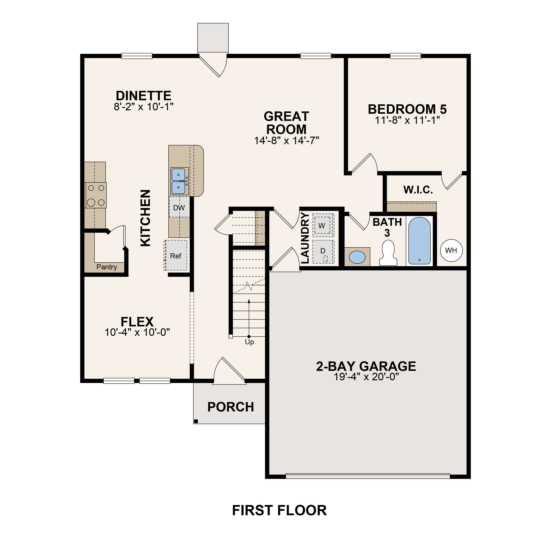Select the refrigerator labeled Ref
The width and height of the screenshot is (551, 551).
pyautogui.click(x=176, y=256)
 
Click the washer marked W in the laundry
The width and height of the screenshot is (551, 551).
pyautogui.click(x=323, y=225)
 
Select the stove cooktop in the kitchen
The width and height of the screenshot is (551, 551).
pyautogui.click(x=96, y=195)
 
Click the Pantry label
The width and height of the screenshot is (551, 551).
pyautogui.click(x=107, y=267)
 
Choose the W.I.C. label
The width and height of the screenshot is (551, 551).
pyautogui.click(x=418, y=190)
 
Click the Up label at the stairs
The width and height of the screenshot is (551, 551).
pyautogui.click(x=249, y=342)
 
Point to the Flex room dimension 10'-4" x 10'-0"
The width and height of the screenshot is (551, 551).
pyautogui.click(x=137, y=332)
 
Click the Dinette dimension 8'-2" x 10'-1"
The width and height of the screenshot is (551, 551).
pyautogui.click(x=144, y=107)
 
